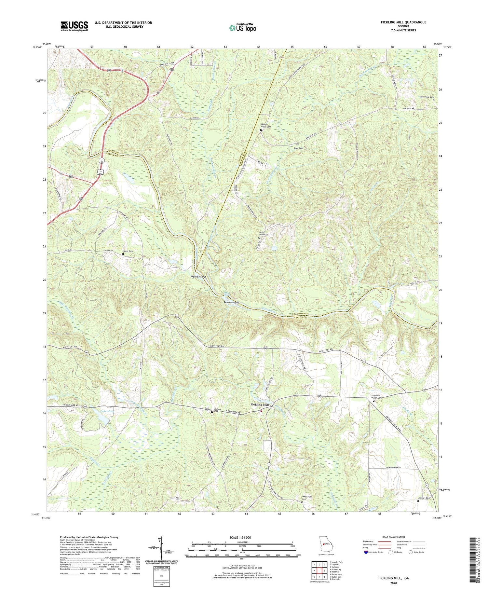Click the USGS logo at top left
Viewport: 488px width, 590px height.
[x=74, y=26]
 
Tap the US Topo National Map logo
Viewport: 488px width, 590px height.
[x=243, y=28]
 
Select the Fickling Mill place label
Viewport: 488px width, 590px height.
[x=260, y=405]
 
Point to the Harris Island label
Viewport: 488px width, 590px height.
[x=198, y=277]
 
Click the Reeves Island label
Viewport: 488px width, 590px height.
[x=231, y=302]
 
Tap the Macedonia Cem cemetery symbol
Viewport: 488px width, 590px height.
[x=433, y=100]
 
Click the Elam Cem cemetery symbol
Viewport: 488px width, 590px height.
[x=297, y=144]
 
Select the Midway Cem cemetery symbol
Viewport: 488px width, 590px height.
[x=212, y=412]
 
